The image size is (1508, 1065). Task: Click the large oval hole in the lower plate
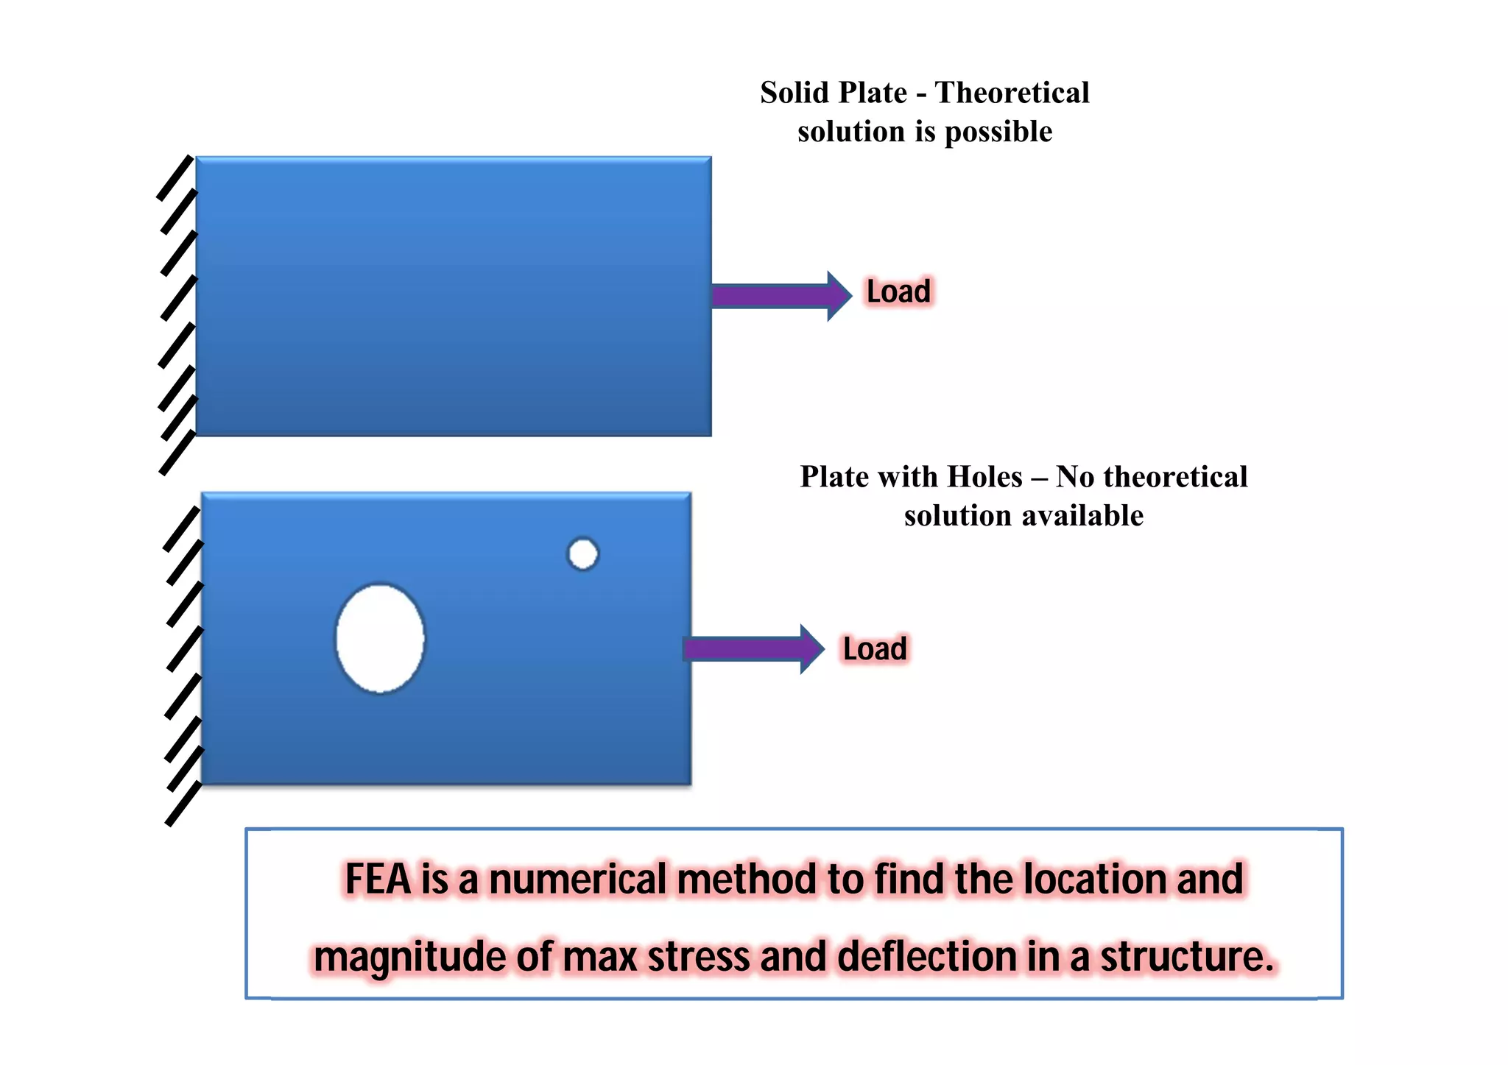[380, 638]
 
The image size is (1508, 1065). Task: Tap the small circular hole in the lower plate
[583, 554]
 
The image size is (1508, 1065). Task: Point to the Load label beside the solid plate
[898, 291]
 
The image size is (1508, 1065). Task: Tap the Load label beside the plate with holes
[875, 649]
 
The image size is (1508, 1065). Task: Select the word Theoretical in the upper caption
[1012, 93]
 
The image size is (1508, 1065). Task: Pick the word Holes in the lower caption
[984, 477]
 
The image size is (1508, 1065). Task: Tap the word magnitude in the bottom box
[410, 957]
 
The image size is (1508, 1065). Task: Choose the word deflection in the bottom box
[928, 957]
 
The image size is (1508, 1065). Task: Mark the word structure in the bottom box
[1187, 957]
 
